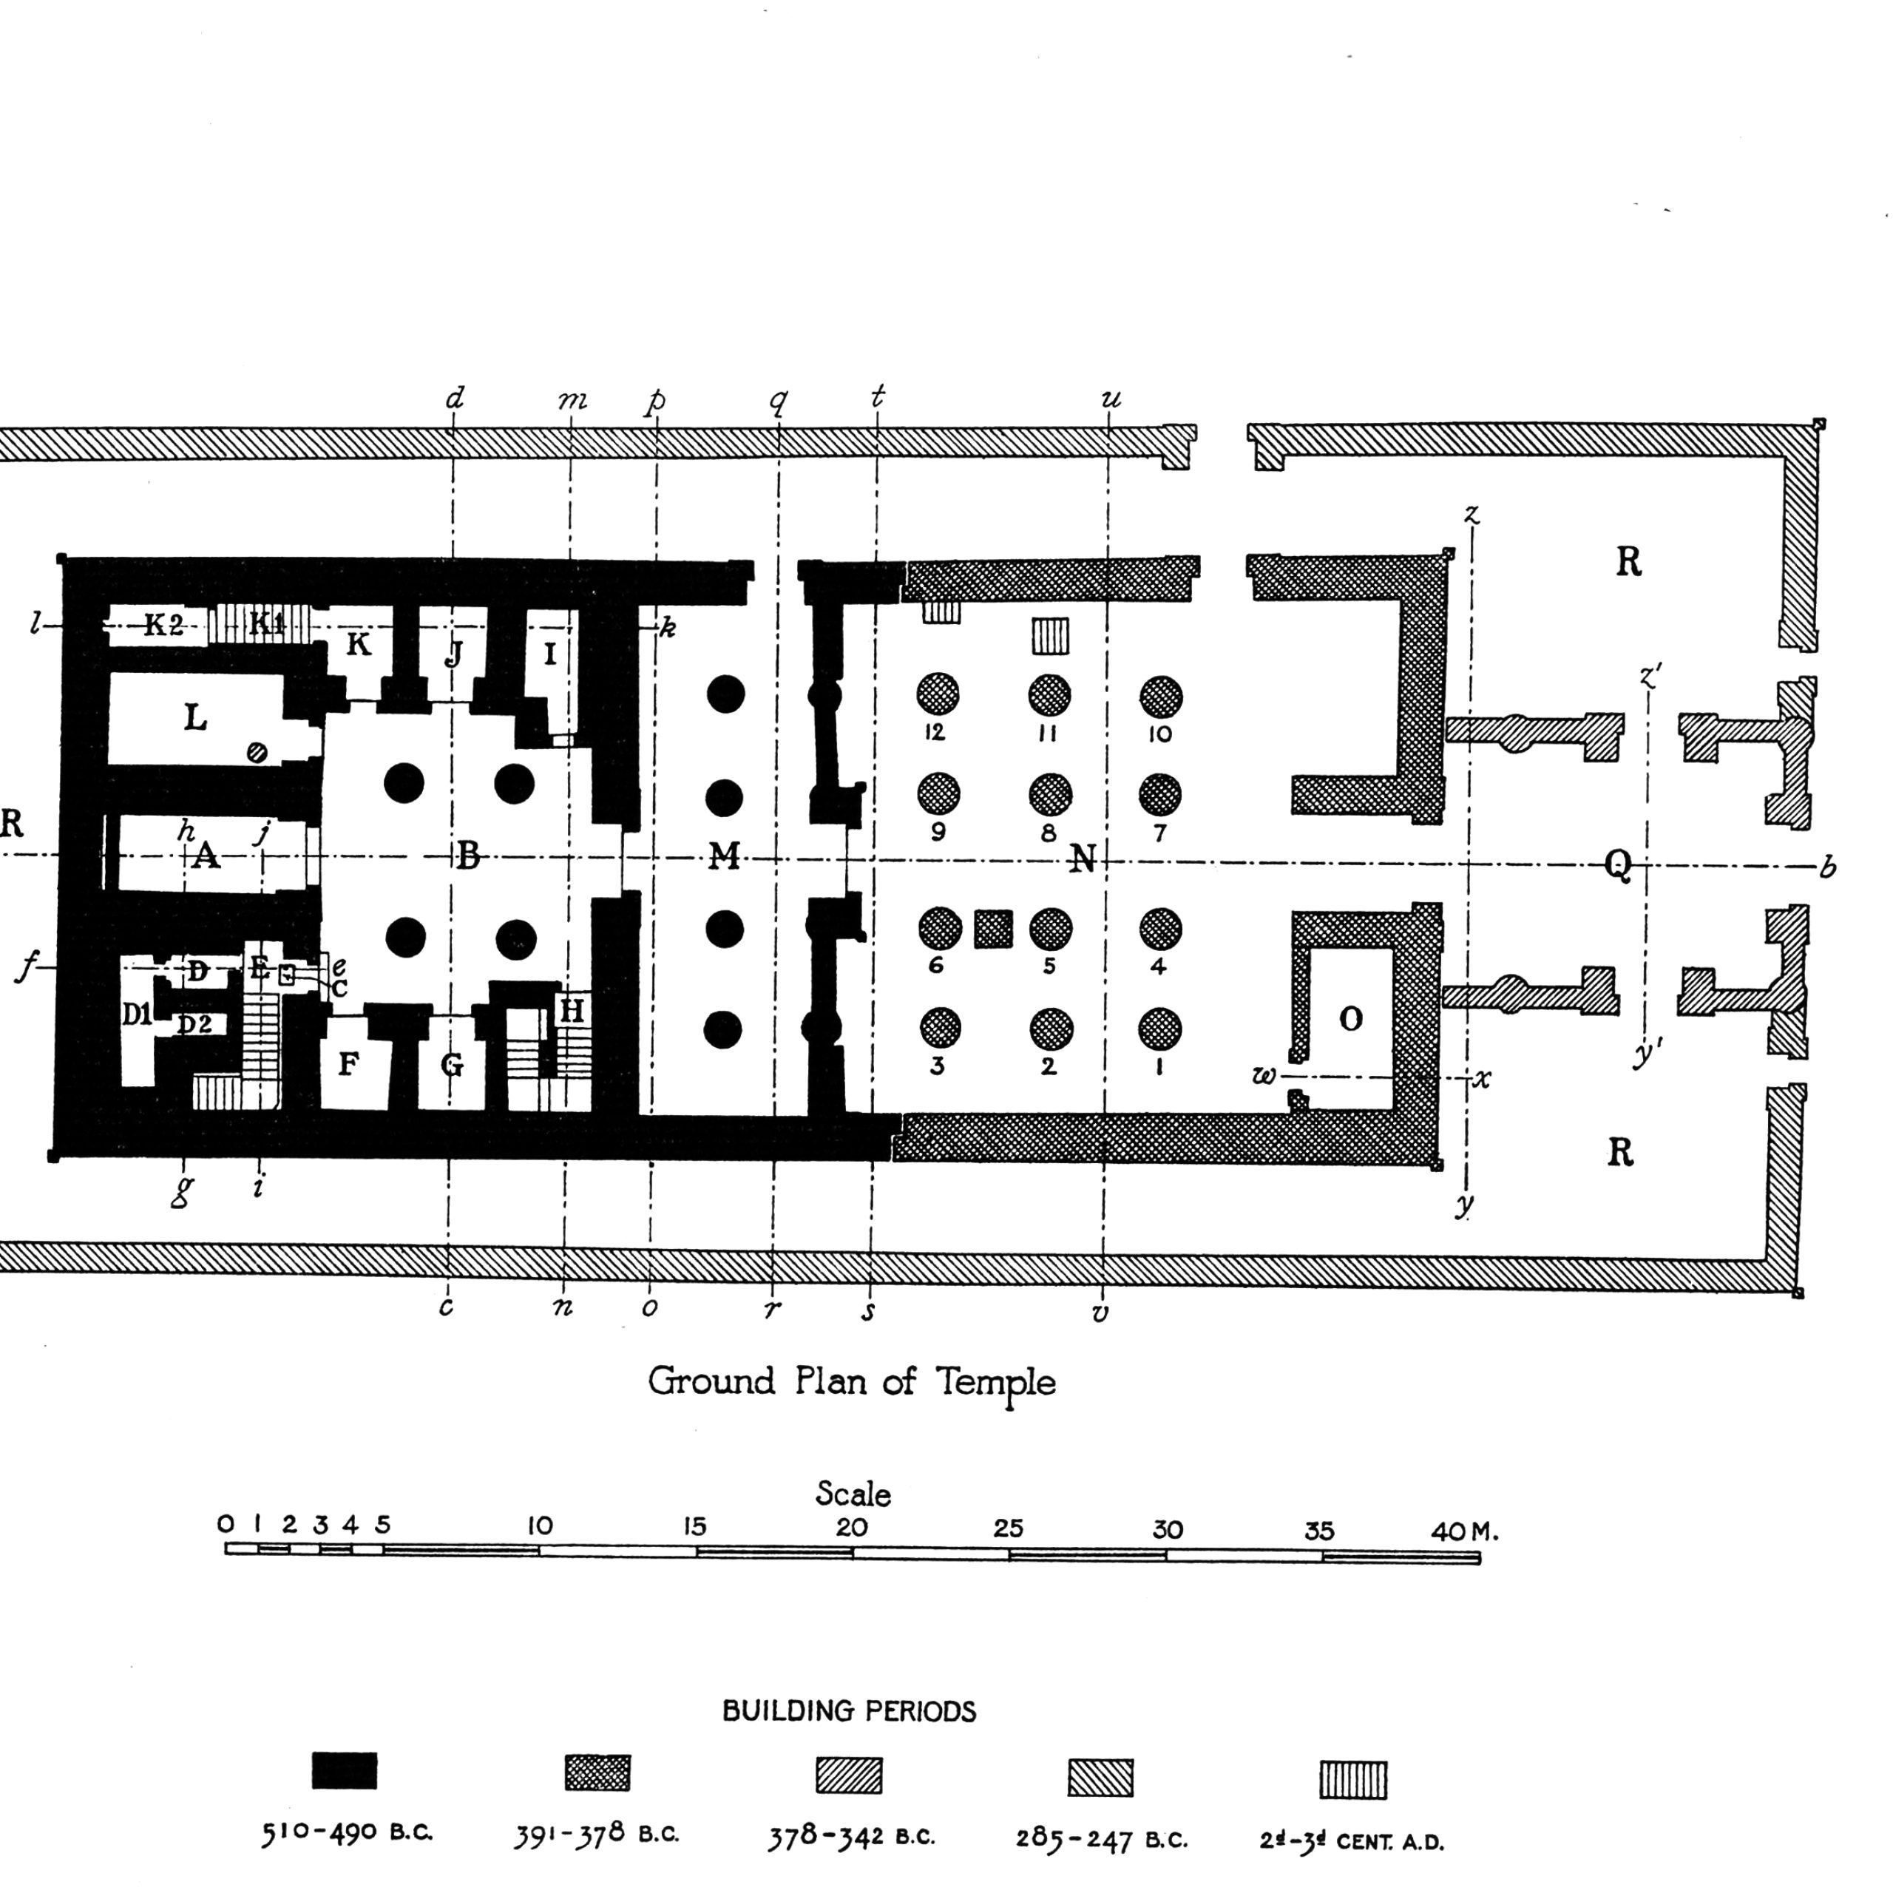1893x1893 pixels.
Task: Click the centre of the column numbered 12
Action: (x=938, y=693)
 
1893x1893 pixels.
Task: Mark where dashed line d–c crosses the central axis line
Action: (x=452, y=856)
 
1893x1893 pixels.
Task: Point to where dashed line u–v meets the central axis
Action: (x=1106, y=862)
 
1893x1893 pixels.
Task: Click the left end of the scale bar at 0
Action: (x=226, y=1549)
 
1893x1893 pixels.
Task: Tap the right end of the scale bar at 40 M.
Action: (x=1480, y=1558)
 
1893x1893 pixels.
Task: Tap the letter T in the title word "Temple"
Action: (x=947, y=1381)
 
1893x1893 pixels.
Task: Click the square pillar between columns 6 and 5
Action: (x=994, y=929)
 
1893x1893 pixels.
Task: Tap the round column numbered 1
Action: (x=1160, y=1029)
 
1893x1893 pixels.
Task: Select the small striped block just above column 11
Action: (x=1050, y=636)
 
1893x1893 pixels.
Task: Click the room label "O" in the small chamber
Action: (x=1350, y=1019)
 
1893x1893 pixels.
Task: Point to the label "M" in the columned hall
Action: (x=724, y=856)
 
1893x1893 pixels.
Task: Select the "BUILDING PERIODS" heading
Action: (x=850, y=1712)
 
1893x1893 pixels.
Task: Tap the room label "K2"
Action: (x=163, y=624)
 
